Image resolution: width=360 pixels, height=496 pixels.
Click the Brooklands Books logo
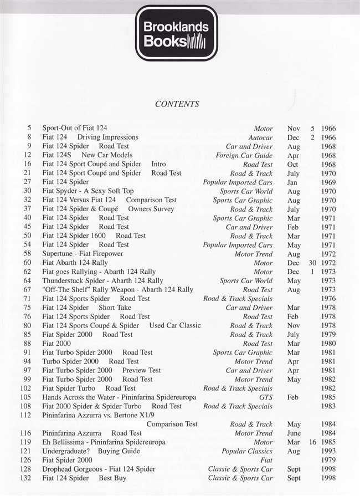pos(176,33)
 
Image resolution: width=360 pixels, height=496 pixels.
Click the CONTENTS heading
pos(177,104)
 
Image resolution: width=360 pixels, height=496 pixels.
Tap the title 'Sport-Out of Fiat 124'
pos(75,129)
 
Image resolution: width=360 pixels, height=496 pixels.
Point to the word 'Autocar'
pos(260,137)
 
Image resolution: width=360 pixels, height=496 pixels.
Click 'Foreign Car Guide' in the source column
pos(244,156)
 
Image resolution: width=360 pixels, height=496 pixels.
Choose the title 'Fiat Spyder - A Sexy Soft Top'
pos(88,191)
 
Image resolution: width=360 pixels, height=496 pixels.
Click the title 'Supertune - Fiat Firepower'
pos(83,254)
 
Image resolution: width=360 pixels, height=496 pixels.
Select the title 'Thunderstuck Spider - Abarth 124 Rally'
pos(103,280)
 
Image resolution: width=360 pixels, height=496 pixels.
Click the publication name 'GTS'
pos(266,397)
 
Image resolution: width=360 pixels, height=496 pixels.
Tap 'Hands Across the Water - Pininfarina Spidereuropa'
pos(120,397)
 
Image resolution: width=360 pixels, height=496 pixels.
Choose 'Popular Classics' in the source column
pos(247,451)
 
